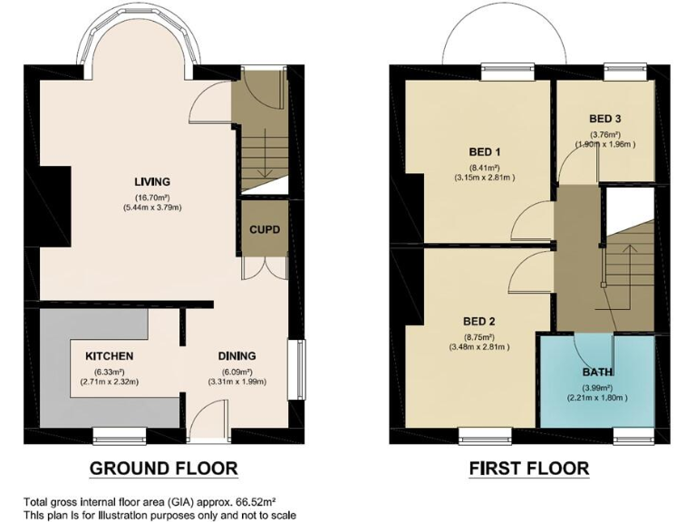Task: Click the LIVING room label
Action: pos(152,181)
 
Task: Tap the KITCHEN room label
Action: pos(109,356)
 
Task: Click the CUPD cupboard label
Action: pos(265,229)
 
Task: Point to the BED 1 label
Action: pos(485,151)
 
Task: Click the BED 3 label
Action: pos(604,119)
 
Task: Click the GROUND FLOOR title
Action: pos(163,469)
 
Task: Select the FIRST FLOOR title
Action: pos(528,469)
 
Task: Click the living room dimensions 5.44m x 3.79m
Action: pos(152,208)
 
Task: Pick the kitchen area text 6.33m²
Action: pos(109,372)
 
